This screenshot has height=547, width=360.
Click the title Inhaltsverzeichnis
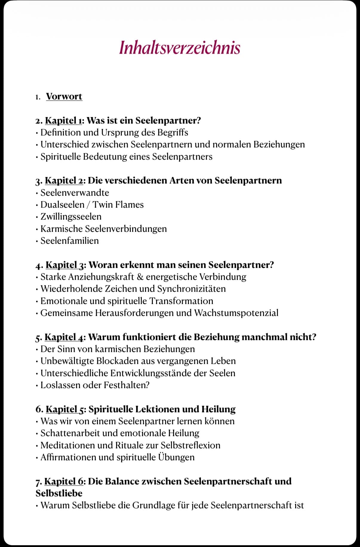pyautogui.click(x=180, y=48)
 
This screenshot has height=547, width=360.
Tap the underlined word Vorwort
pyautogui.click(x=64, y=97)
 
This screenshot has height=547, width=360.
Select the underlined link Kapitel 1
pyautogui.click(x=63, y=120)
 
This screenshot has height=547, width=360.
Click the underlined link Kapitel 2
pyautogui.click(x=64, y=180)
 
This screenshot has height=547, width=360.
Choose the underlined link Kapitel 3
pyautogui.click(x=64, y=265)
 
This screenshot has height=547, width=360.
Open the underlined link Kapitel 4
pyautogui.click(x=64, y=337)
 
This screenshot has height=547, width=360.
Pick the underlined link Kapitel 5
pyautogui.click(x=64, y=409)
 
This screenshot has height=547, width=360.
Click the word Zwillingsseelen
pyautogui.click(x=71, y=217)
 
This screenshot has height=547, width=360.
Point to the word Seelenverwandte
pyautogui.click(x=75, y=193)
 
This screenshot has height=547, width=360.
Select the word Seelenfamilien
pyautogui.click(x=70, y=241)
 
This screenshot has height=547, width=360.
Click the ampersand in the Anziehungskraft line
pyautogui.click(x=140, y=277)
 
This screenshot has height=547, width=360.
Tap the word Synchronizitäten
pyautogui.click(x=191, y=289)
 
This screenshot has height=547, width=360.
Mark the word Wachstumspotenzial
pyautogui.click(x=236, y=313)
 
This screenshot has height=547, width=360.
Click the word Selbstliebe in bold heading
pyautogui.click(x=59, y=493)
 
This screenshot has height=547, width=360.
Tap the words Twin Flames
pyautogui.click(x=118, y=205)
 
